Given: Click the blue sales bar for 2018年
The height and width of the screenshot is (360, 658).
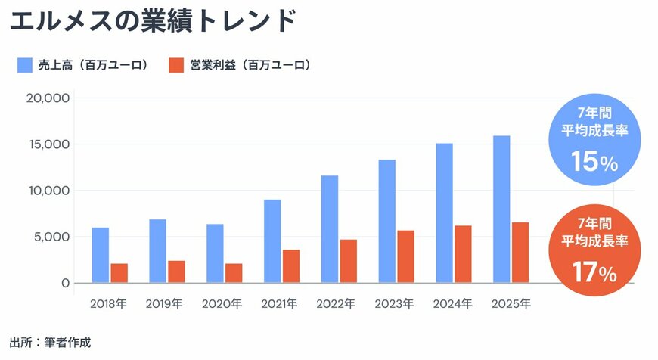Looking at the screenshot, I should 101,255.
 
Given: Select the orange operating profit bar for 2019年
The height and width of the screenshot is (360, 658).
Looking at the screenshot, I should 176,272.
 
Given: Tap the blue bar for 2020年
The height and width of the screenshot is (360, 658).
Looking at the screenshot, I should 215,253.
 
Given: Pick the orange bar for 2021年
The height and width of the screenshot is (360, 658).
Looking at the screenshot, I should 291,266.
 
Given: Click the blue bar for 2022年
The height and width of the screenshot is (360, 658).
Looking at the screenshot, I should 330,229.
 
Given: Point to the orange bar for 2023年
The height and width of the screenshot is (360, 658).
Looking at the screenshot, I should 406,256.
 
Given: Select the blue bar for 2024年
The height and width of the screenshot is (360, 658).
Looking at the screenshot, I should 444,213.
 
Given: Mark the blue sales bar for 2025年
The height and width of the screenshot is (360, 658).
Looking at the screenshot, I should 501,209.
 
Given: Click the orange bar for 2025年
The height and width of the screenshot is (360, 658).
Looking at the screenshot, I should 520,253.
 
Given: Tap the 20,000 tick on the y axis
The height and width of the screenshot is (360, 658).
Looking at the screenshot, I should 48,98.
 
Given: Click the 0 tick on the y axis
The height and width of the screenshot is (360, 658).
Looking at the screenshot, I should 66,283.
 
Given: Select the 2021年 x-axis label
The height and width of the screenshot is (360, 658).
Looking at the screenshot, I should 279,304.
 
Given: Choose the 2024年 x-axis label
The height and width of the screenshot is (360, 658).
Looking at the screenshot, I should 452,304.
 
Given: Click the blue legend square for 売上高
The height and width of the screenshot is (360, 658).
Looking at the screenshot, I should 24,65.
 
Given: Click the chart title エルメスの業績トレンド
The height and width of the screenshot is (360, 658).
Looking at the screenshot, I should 152,21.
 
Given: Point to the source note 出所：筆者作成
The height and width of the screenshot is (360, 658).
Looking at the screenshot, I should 50,343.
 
